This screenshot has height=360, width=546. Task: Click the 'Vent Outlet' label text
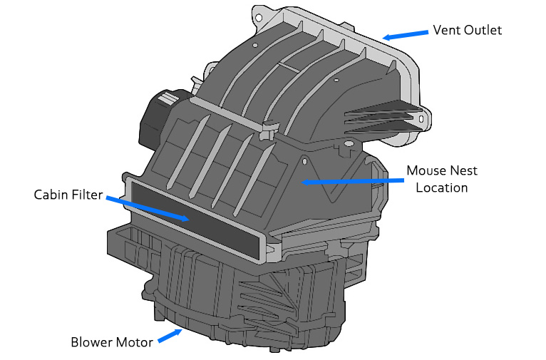pos(468,31)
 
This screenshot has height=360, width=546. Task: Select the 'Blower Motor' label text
pos(111,342)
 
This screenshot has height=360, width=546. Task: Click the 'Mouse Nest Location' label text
pos(442,179)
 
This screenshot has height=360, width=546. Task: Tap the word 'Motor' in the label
pos(135,342)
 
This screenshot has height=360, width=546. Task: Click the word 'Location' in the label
pos(442,187)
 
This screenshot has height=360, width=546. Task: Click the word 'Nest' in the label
pos(463,171)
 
